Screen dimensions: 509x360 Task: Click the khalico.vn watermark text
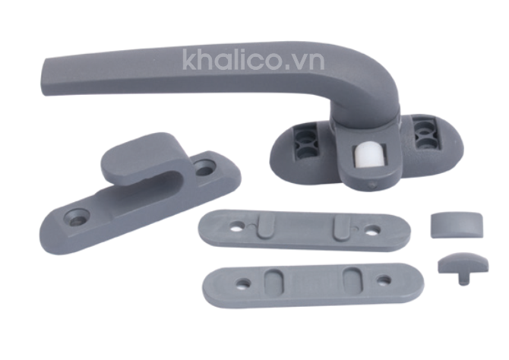(x=254, y=59)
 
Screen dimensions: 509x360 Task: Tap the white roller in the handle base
(x=365, y=156)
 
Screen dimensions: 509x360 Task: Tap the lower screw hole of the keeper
(x=77, y=216)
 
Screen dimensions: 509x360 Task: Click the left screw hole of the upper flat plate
(x=238, y=226)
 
